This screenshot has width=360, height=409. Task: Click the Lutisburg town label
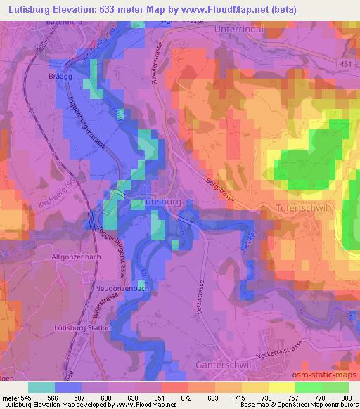pyautogui.click(x=162, y=201)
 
